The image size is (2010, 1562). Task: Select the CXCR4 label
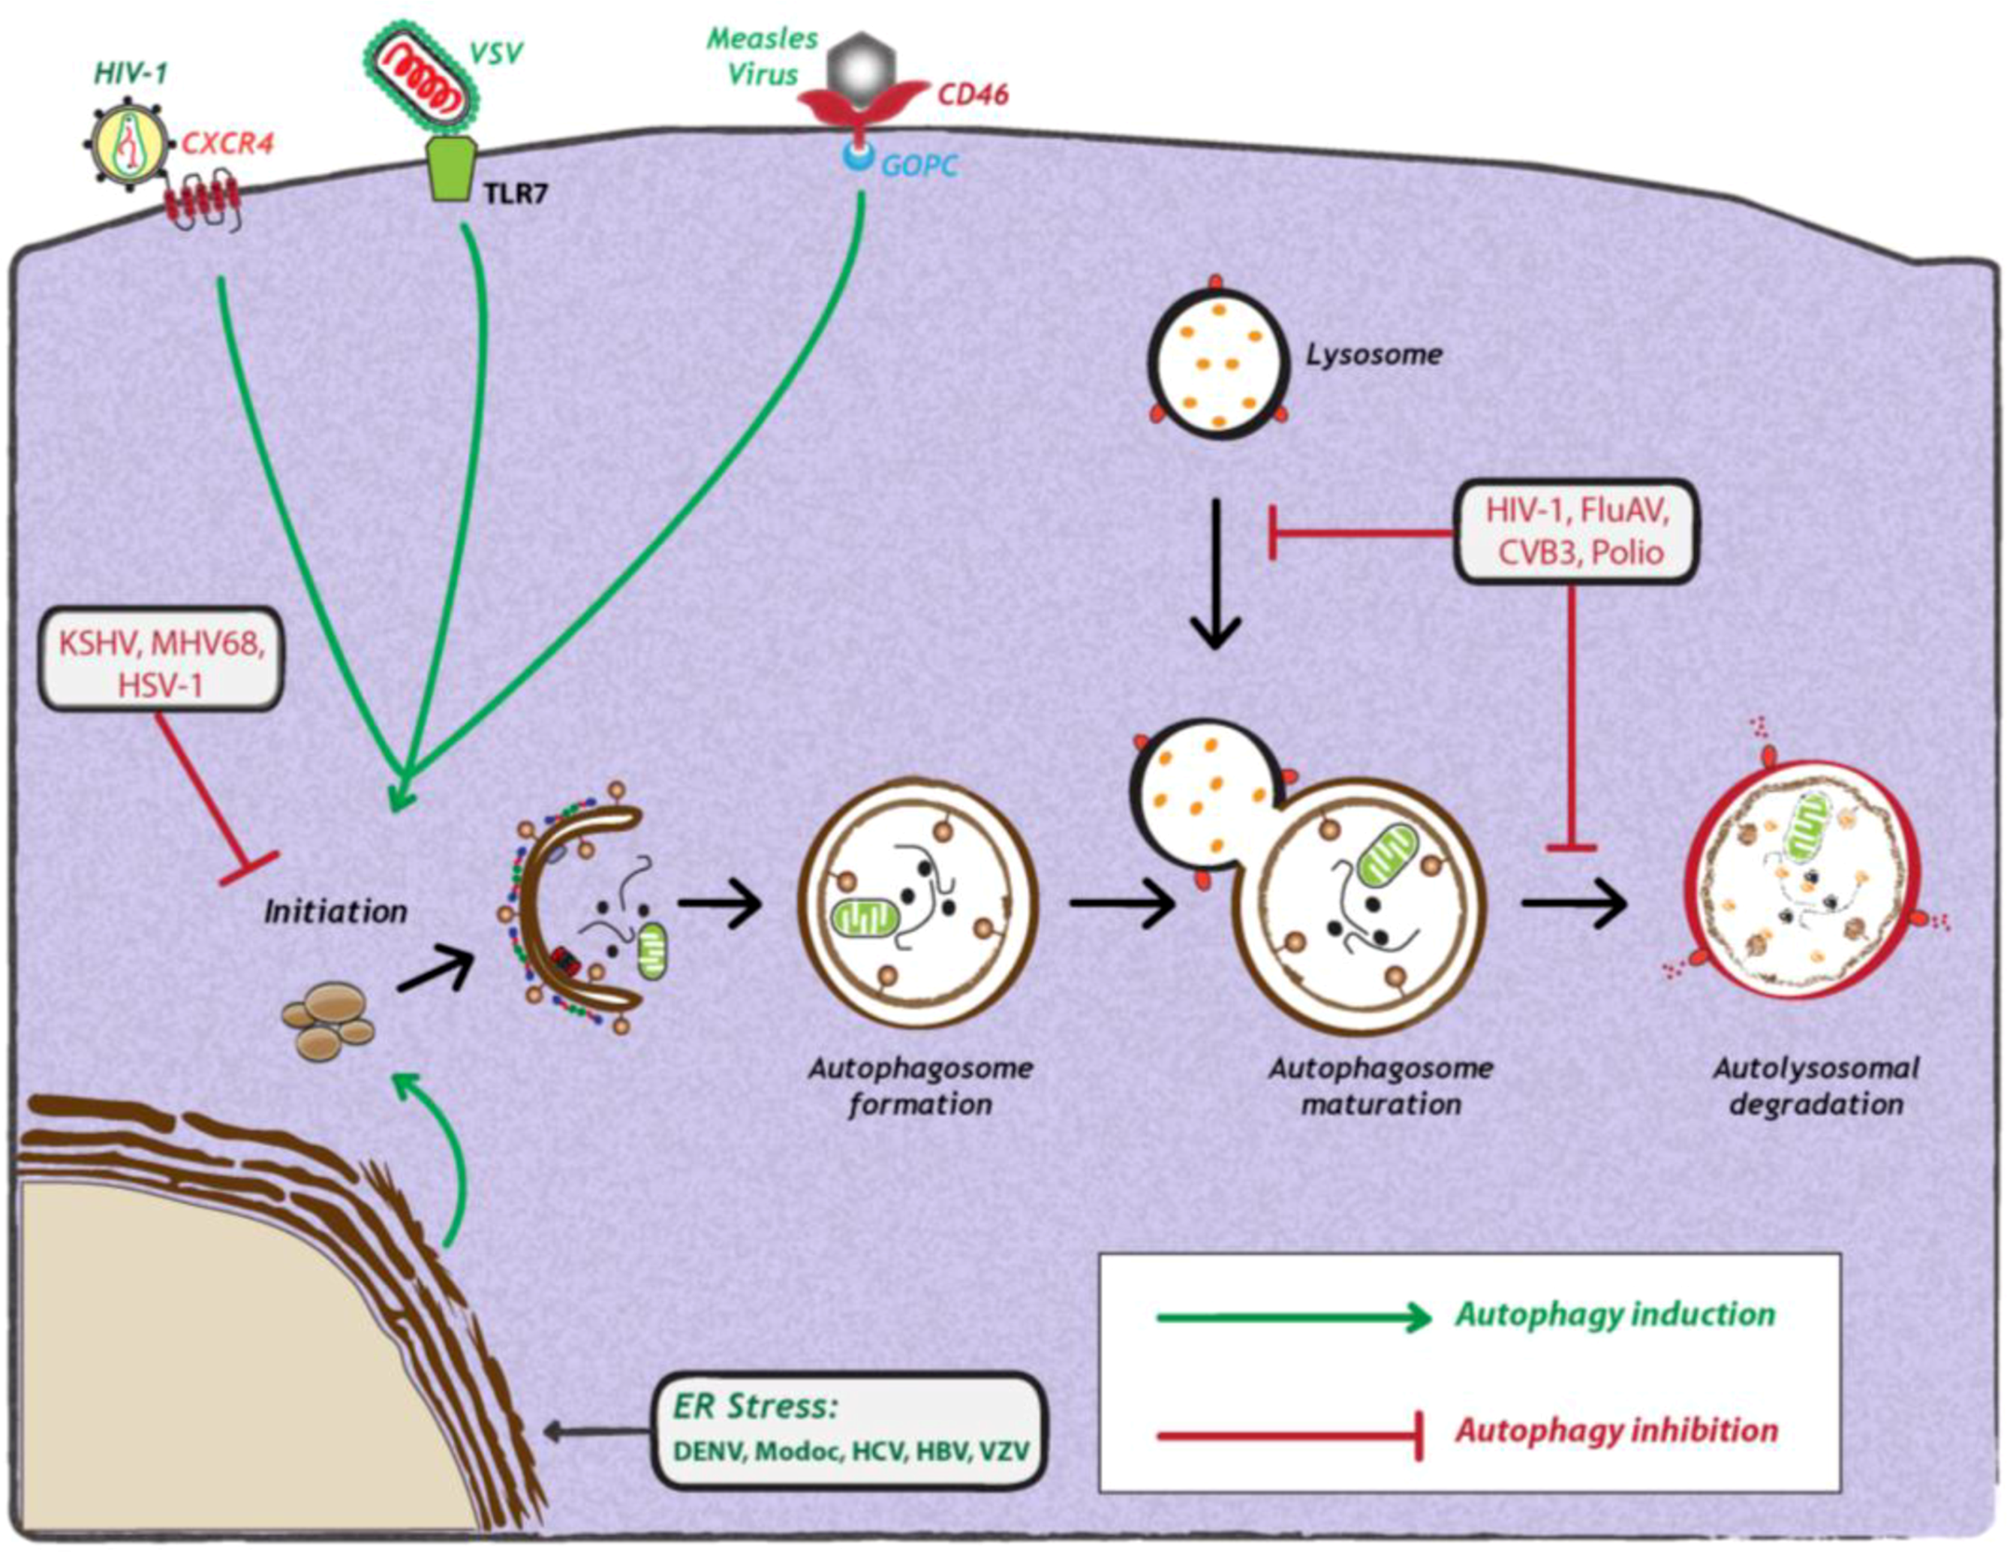pos(227,143)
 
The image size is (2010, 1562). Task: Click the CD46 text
pos(973,94)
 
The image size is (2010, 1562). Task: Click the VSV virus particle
pos(424,73)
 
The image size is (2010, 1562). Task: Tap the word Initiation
pos(336,912)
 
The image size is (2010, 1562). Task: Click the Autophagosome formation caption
pos(920,1086)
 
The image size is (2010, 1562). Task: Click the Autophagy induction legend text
pos(1615,1314)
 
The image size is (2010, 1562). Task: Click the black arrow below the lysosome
pos(1216,575)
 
